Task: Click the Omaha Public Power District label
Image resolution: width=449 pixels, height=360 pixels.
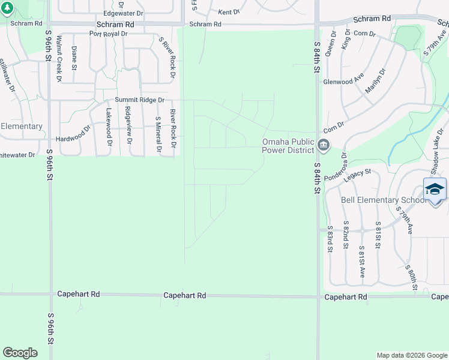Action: [x=288, y=146]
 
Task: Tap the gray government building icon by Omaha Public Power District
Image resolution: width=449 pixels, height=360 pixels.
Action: [x=324, y=145]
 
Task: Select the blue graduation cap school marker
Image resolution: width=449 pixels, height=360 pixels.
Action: [x=435, y=189]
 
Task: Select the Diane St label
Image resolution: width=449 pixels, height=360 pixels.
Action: [x=74, y=58]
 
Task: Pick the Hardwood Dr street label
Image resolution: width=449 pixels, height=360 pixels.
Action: [x=73, y=128]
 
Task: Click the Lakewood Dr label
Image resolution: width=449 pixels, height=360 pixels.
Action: [x=109, y=127]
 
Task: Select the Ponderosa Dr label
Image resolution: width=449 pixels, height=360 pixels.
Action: [x=335, y=169]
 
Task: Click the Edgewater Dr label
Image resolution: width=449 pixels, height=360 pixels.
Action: [x=124, y=13]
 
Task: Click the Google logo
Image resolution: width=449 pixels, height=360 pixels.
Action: [x=20, y=353]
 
